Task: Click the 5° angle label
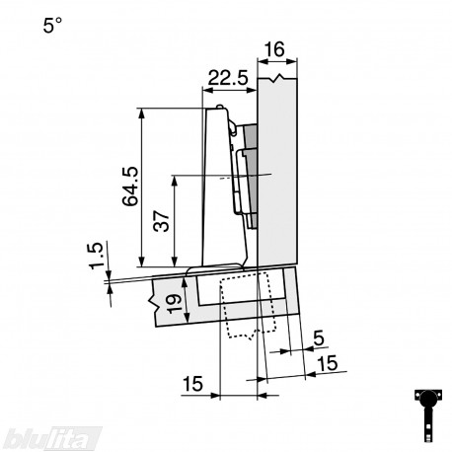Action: pos(52,26)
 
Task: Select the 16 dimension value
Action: pos(274,49)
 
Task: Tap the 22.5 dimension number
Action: pos(228,79)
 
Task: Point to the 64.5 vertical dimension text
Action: pos(130,187)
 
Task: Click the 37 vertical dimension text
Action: pos(161,221)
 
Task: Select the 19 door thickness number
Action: pos(174,303)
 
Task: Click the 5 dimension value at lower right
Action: pos(319,338)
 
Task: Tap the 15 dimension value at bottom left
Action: pos(192,384)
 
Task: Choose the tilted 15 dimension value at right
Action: pos(328,363)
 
